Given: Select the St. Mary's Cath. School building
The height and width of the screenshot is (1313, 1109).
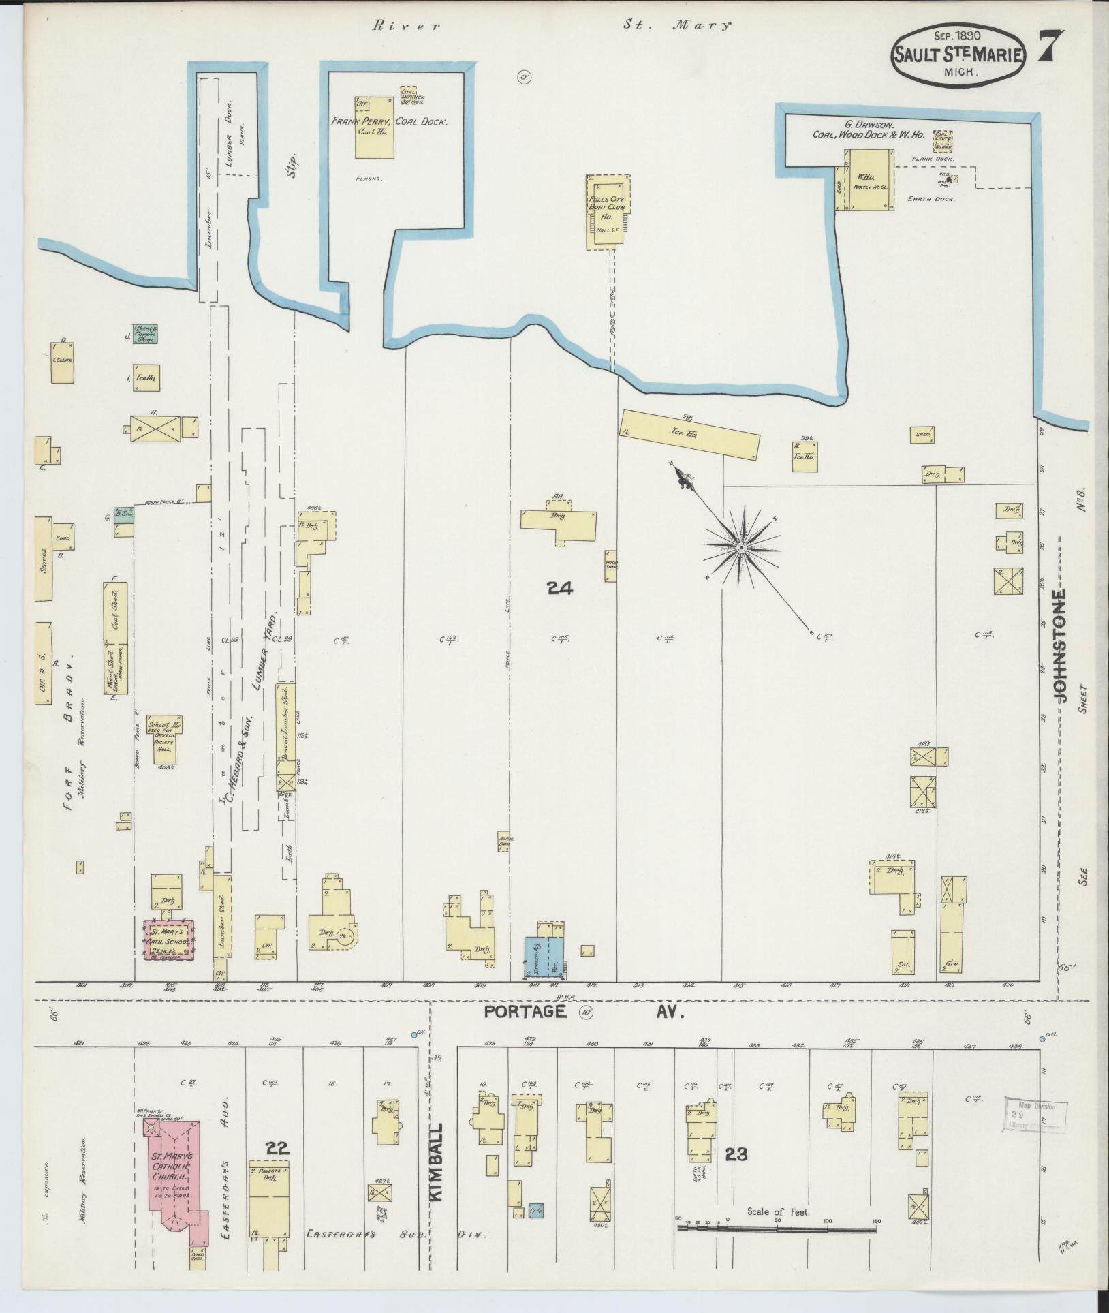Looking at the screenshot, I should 169,941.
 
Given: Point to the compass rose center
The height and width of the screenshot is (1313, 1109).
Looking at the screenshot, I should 741,546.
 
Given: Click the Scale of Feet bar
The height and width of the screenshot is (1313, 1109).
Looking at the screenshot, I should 777,1229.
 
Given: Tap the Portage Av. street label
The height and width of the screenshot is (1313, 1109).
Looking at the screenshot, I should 583,1012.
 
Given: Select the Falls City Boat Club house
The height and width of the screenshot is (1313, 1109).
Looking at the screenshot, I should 608,211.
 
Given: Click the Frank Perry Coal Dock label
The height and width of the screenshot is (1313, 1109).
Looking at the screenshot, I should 389,122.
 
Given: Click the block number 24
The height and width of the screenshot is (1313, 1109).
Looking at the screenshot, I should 559,588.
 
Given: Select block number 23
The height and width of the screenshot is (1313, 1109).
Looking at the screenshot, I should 736,1154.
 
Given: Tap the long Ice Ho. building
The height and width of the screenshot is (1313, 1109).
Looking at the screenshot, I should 689,435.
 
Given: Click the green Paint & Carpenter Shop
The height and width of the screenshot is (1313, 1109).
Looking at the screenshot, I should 145,333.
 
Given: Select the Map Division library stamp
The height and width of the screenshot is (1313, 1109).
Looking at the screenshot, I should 1033,1116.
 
